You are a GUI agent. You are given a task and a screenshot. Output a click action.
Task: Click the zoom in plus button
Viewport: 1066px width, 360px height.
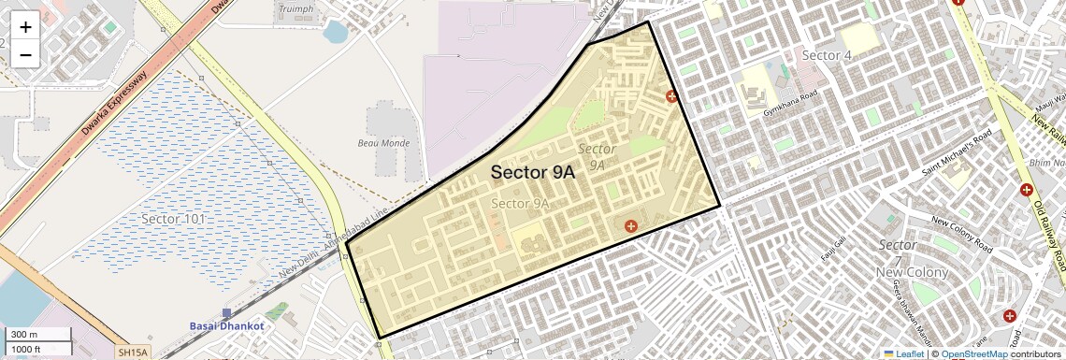[25, 27]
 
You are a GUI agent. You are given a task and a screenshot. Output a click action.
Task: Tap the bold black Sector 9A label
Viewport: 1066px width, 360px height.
[532, 172]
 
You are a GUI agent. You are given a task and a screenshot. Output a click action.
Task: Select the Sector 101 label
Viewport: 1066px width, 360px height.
[173, 219]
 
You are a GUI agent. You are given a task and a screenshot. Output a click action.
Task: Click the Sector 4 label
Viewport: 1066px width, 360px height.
[827, 56]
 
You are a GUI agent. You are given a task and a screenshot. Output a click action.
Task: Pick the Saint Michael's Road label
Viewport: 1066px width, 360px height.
[957, 153]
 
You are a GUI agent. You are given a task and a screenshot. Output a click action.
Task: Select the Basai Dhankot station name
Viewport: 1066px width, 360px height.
[226, 325]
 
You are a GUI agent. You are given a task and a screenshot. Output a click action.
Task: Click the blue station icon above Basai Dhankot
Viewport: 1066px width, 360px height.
[226, 312]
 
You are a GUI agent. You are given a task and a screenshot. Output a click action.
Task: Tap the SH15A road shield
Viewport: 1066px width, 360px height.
[132, 353]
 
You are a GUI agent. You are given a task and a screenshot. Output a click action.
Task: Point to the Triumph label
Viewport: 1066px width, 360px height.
[295, 9]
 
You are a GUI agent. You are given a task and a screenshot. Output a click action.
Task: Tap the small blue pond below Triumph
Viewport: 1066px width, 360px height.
[334, 33]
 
